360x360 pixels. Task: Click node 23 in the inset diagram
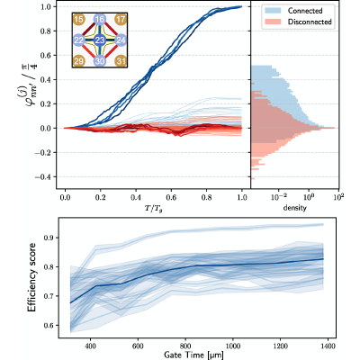[100, 40]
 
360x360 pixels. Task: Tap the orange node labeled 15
[78, 20]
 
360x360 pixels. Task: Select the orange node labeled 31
[121, 61]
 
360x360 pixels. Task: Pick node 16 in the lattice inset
[100, 20]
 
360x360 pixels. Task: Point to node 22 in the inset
[78, 40]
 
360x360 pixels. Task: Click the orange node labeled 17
[121, 20]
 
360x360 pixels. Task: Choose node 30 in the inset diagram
[100, 61]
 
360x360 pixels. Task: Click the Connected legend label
[305, 11]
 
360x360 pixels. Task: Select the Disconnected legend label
[310, 22]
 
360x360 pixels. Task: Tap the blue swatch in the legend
[273, 11]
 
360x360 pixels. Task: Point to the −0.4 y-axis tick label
[44, 177]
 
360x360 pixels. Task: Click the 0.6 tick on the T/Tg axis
[171, 197]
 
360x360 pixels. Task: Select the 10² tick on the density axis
[338, 197]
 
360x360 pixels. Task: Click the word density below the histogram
[294, 208]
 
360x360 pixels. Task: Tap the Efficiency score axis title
[31, 277]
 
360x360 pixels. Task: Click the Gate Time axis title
[193, 355]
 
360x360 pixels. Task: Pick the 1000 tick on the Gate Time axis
[233, 346]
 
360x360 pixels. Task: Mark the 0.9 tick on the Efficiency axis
[47, 238]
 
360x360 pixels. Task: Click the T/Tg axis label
[153, 208]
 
